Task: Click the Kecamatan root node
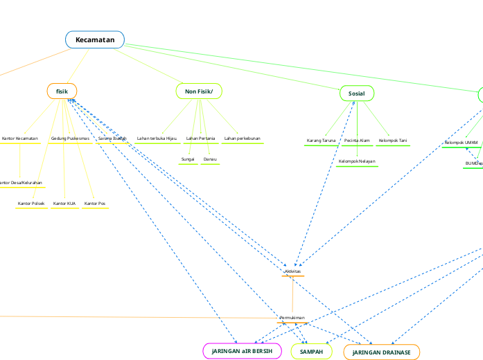(95, 40)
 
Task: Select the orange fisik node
(62, 91)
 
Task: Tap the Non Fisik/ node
(199, 91)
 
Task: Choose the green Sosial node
(356, 93)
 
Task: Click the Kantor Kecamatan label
(20, 138)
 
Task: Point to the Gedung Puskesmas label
(70, 138)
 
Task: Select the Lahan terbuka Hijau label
(157, 138)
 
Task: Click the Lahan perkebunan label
(242, 138)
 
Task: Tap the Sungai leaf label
(188, 160)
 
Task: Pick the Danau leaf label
(210, 160)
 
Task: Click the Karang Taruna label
(321, 141)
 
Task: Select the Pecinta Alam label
(357, 141)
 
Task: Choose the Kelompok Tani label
(392, 141)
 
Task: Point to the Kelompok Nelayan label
(357, 161)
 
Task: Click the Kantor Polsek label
(30, 204)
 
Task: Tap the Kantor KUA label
(64, 204)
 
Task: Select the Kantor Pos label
(95, 204)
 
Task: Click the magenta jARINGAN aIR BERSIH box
(242, 352)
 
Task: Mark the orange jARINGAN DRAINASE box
(381, 352)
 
